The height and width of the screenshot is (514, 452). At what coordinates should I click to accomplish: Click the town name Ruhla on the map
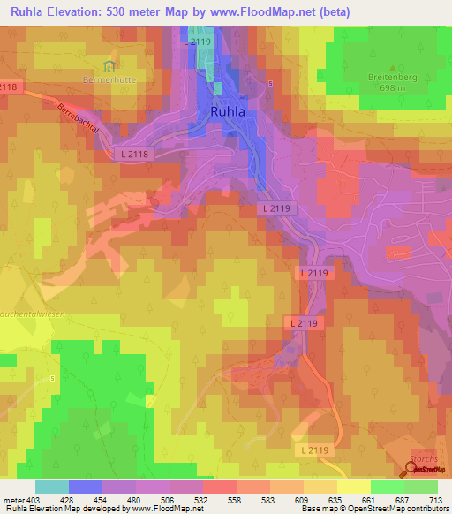(234, 113)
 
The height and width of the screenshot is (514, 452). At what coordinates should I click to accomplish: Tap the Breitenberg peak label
(391, 77)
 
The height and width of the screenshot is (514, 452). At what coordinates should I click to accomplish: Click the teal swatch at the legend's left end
(52, 488)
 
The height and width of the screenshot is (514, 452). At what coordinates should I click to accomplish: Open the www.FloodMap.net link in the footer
(167, 510)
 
